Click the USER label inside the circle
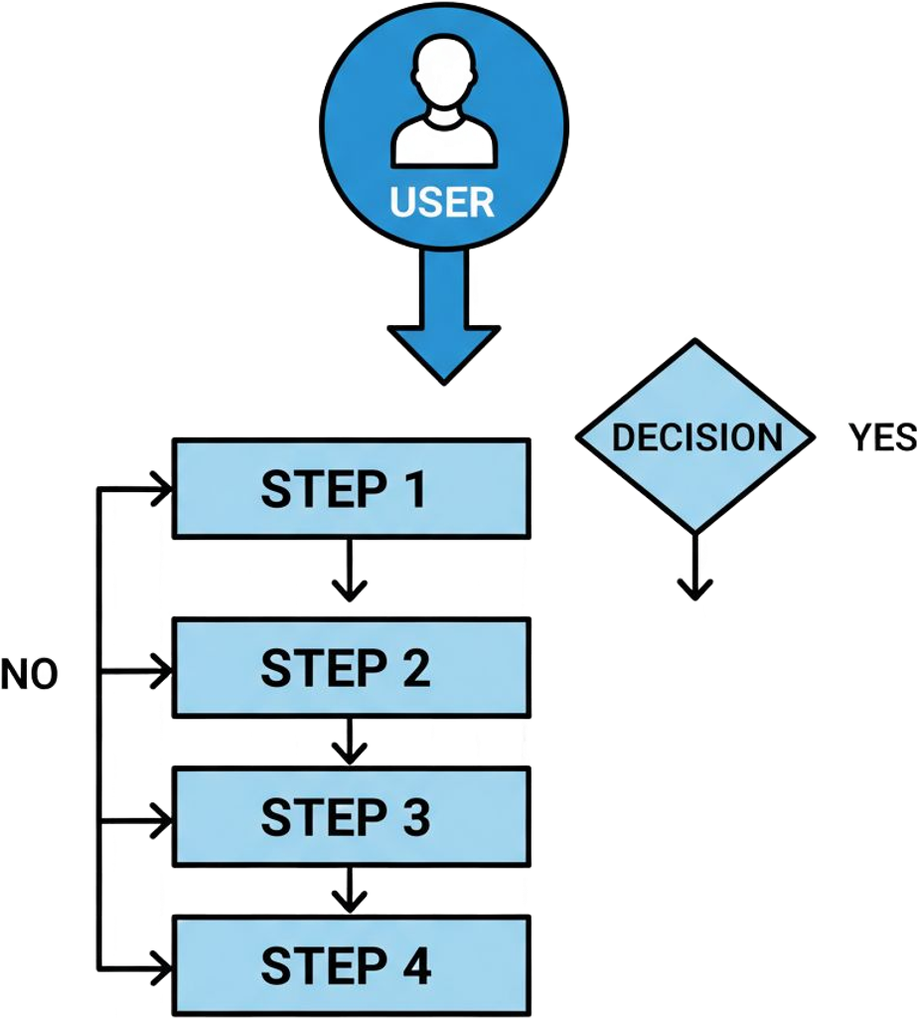tap(442, 201)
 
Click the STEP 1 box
tap(351, 489)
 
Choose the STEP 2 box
tap(351, 667)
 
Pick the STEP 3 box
tap(351, 816)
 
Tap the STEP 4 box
tap(351, 965)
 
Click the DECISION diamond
tap(695, 436)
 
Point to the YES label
tap(881, 437)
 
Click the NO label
tap(29, 675)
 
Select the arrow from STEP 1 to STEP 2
tap(349, 575)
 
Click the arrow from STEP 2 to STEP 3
tap(349, 743)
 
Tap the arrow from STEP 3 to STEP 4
tap(349, 891)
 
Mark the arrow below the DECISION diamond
tap(695, 572)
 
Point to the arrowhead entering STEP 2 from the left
tap(161, 674)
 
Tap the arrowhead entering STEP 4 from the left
tap(161, 963)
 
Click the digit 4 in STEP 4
tap(416, 965)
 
